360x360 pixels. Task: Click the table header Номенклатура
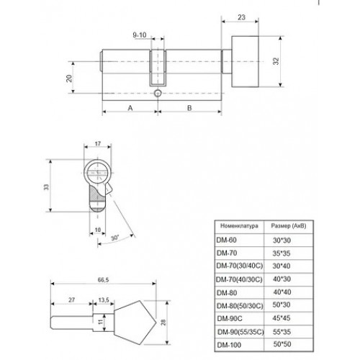239,226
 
